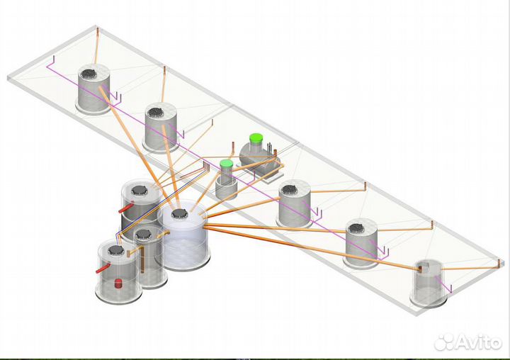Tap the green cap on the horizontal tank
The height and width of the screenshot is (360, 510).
point(256,139)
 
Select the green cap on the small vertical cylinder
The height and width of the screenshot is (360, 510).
point(226,166)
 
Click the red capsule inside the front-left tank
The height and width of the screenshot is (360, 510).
point(118,284)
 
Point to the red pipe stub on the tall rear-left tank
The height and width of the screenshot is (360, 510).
point(124,210)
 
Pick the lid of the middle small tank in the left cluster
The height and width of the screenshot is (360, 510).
point(143,233)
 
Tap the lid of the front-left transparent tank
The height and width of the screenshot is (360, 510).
point(115,250)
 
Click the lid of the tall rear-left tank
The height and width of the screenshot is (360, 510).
point(141,189)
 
